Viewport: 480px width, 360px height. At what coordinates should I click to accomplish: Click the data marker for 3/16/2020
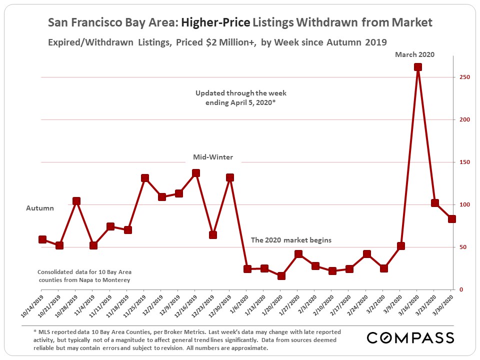[418, 67]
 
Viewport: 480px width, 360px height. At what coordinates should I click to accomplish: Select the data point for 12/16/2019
[196, 173]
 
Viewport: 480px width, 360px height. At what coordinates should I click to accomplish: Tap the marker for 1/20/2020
[281, 276]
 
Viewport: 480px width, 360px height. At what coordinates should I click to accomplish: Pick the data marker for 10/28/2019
[76, 201]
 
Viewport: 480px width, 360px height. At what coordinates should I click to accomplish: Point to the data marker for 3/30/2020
[452, 219]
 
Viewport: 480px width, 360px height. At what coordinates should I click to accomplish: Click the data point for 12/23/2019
[213, 234]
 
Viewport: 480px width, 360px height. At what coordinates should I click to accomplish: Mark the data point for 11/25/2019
[145, 178]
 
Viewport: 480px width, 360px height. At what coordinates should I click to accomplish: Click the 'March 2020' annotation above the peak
[415, 54]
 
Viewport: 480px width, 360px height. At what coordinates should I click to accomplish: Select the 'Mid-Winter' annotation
[213, 157]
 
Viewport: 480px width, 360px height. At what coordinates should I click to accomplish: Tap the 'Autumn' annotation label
[40, 208]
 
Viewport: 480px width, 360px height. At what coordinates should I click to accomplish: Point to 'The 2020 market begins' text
[291, 240]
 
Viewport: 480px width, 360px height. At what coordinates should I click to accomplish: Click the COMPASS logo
[410, 337]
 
